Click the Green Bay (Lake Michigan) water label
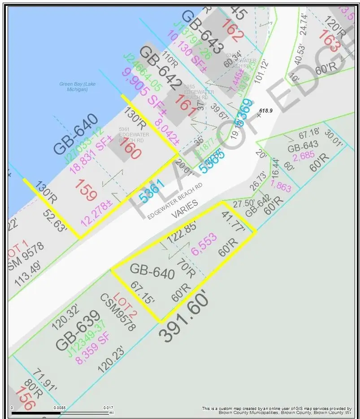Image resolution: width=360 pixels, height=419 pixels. point(78,87)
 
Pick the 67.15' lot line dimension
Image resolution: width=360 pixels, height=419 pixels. point(142,293)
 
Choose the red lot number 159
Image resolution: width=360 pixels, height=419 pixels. point(86,190)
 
